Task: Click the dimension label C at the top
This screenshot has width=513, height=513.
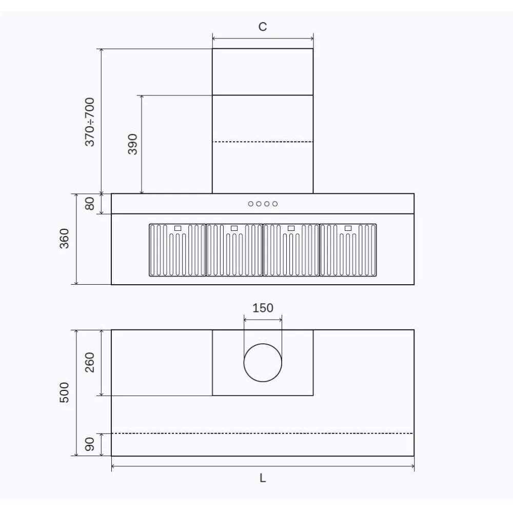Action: coord(263,27)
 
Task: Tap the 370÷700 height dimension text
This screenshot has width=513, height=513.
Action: coord(90,122)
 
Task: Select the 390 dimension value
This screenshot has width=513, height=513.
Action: coord(132,144)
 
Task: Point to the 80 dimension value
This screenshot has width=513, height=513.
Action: coord(90,204)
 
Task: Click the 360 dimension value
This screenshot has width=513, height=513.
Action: coord(65,239)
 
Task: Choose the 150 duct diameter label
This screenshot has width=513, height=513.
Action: coord(263,308)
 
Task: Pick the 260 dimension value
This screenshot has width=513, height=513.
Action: coord(90,363)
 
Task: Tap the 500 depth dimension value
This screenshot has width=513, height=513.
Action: coord(65,392)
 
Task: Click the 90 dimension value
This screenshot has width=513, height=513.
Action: coord(90,444)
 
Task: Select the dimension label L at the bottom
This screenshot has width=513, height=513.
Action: coord(263,478)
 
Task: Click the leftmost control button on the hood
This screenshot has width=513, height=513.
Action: coord(251,204)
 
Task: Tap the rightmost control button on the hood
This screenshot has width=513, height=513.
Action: coord(275,204)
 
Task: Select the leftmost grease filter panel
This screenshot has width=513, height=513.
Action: coord(177,250)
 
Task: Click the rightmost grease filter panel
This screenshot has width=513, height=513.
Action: coord(348,250)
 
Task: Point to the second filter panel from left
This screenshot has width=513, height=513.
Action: coord(234,250)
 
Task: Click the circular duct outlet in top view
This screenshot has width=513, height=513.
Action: coord(263,363)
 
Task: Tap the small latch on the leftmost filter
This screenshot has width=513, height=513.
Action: coord(178,228)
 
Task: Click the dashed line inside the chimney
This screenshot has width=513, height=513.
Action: coord(263,142)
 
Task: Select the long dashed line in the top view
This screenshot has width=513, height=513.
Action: coord(263,433)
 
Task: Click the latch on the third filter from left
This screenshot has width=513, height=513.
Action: coord(291,228)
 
